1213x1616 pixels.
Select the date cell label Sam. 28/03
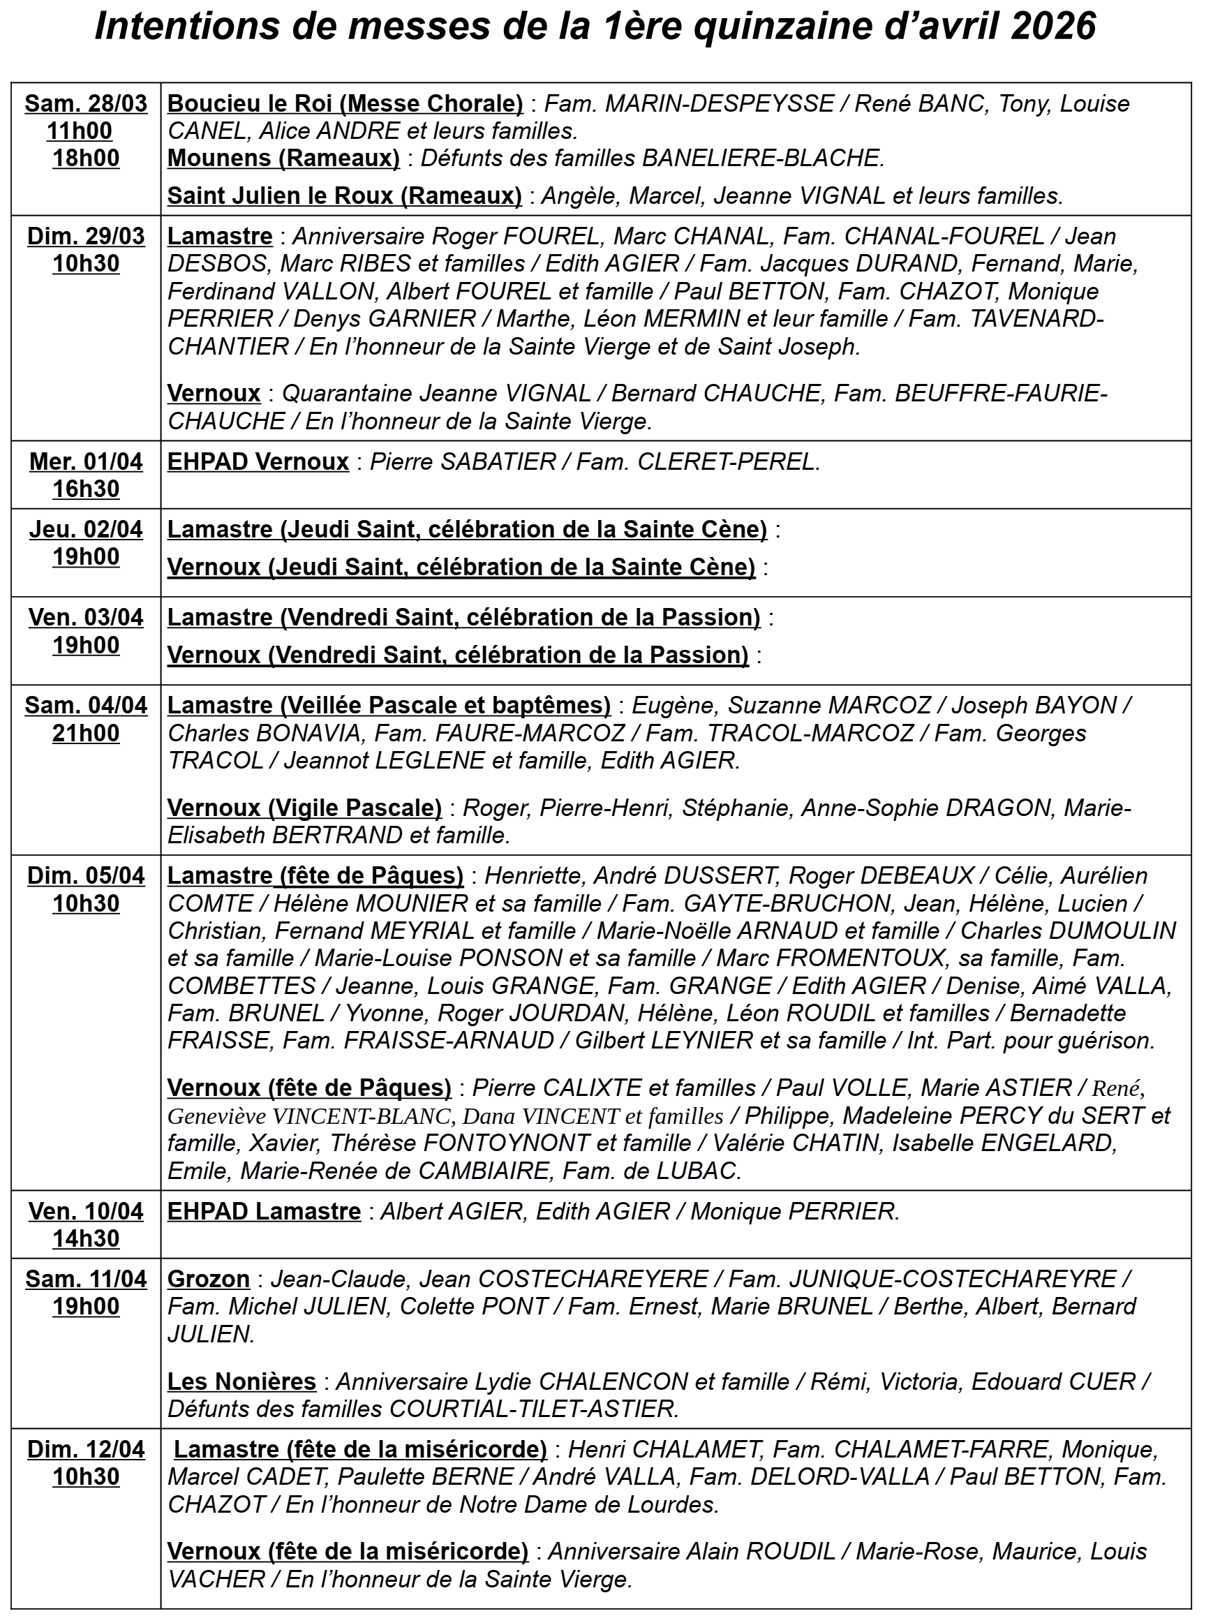pyautogui.click(x=86, y=104)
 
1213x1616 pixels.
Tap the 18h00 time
pyautogui.click(x=86, y=158)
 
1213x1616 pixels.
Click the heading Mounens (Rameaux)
pyautogui.click(x=283, y=158)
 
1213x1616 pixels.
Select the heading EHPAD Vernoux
pyautogui.click(x=258, y=461)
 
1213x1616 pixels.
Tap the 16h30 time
pyautogui.click(x=86, y=489)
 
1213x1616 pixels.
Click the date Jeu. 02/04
pyautogui.click(x=86, y=529)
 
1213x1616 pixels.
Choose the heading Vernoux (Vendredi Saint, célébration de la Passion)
pyautogui.click(x=458, y=655)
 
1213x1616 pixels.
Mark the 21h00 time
pyautogui.click(x=86, y=733)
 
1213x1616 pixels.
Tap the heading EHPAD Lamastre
pyautogui.click(x=265, y=1211)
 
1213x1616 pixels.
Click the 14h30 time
pyautogui.click(x=86, y=1238)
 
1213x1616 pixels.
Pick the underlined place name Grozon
pyautogui.click(x=209, y=1280)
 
